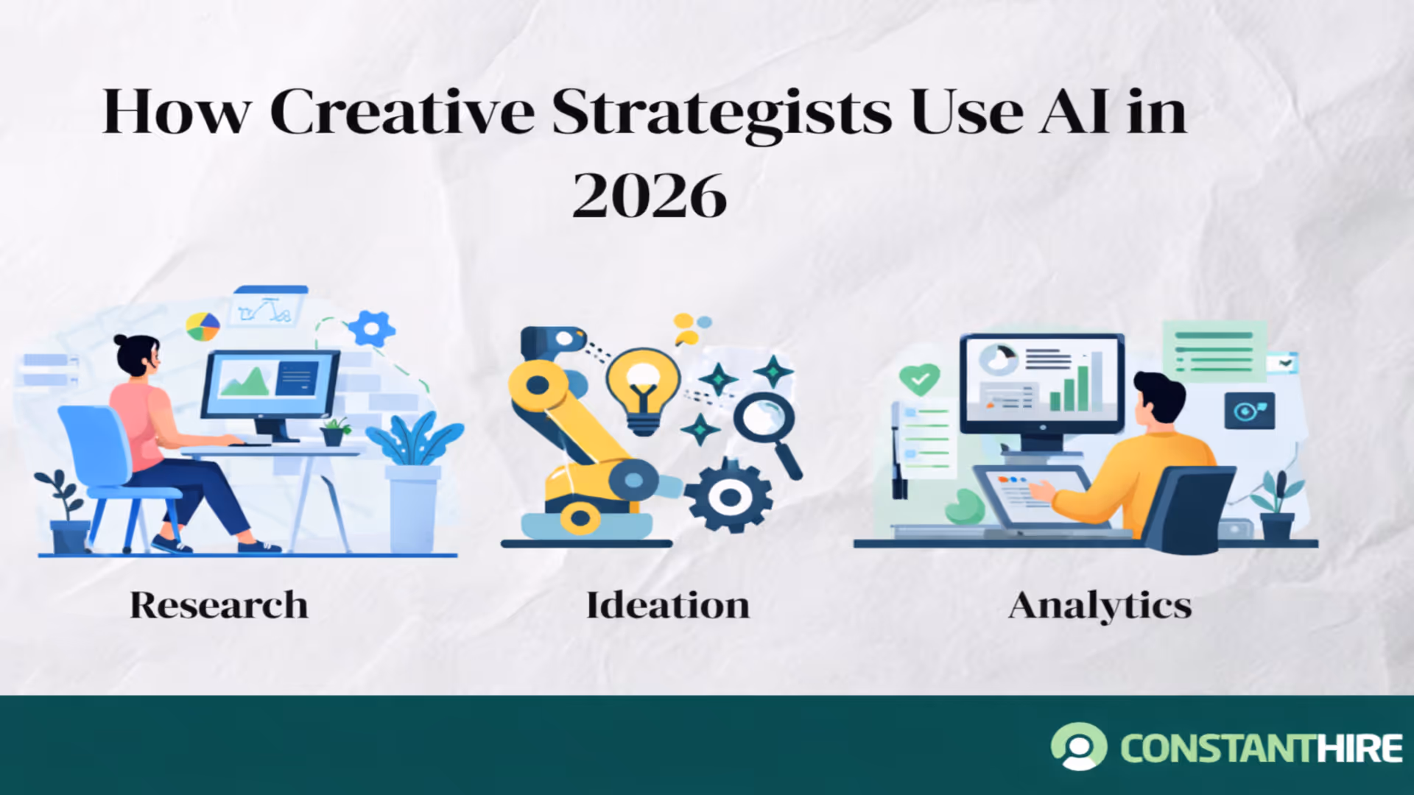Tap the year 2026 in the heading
coord(650,196)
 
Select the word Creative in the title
coord(402,113)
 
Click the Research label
coord(219,606)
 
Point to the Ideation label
coord(667,606)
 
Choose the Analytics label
coord(1100,606)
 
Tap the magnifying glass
coord(766,423)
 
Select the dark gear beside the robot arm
coord(729,497)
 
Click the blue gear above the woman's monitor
coord(371,328)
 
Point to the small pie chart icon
coord(203,326)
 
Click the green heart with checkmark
coord(919,378)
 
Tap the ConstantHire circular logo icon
coord(1079,746)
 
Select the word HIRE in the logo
coord(1360,749)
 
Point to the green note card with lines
coord(1214,351)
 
